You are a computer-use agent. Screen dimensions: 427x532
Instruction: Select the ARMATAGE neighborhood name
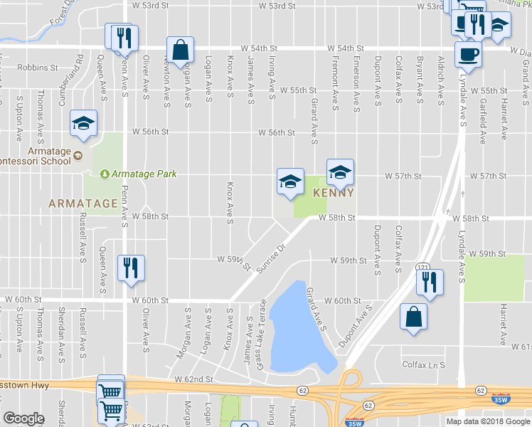(x=83, y=204)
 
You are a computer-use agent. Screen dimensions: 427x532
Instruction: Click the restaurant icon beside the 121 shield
(x=430, y=282)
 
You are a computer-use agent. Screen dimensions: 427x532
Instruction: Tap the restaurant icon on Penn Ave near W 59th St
(x=131, y=268)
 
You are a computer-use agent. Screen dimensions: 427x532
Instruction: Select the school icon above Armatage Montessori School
(x=83, y=122)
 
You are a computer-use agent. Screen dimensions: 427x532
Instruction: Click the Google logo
(x=23, y=418)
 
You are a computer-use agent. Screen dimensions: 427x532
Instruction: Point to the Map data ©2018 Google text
(x=488, y=421)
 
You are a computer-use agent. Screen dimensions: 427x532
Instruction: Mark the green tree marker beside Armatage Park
(x=105, y=174)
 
